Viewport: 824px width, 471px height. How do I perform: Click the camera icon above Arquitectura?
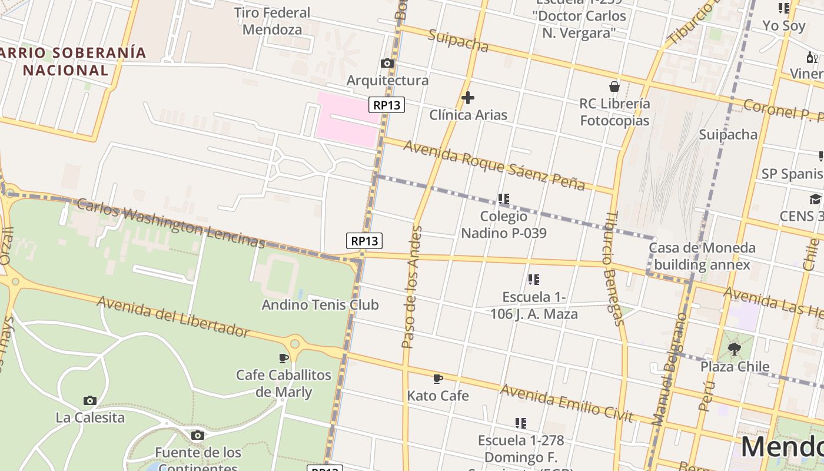[387, 64]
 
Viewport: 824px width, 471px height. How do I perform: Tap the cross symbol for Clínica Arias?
[468, 97]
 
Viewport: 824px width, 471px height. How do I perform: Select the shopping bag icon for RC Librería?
[614, 87]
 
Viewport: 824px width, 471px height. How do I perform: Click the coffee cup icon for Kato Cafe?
[437, 379]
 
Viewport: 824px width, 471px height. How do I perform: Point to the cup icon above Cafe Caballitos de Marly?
[284, 357]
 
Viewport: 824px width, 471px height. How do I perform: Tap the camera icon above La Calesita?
[89, 400]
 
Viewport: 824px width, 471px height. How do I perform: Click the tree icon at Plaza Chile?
[734, 349]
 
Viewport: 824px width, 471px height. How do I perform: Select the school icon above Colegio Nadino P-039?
[503, 199]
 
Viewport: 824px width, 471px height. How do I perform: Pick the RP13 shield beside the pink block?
[387, 105]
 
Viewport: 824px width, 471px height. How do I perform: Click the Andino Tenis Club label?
[320, 304]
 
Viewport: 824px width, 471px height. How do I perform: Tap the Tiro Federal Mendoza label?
[272, 21]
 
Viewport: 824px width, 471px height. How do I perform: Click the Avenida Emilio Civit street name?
[566, 403]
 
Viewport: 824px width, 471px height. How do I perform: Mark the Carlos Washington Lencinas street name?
[171, 223]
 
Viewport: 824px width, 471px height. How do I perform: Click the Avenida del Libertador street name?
[173, 317]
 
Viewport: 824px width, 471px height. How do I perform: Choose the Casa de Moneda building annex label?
[702, 256]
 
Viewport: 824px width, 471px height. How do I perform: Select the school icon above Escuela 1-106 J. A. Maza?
[533, 280]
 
